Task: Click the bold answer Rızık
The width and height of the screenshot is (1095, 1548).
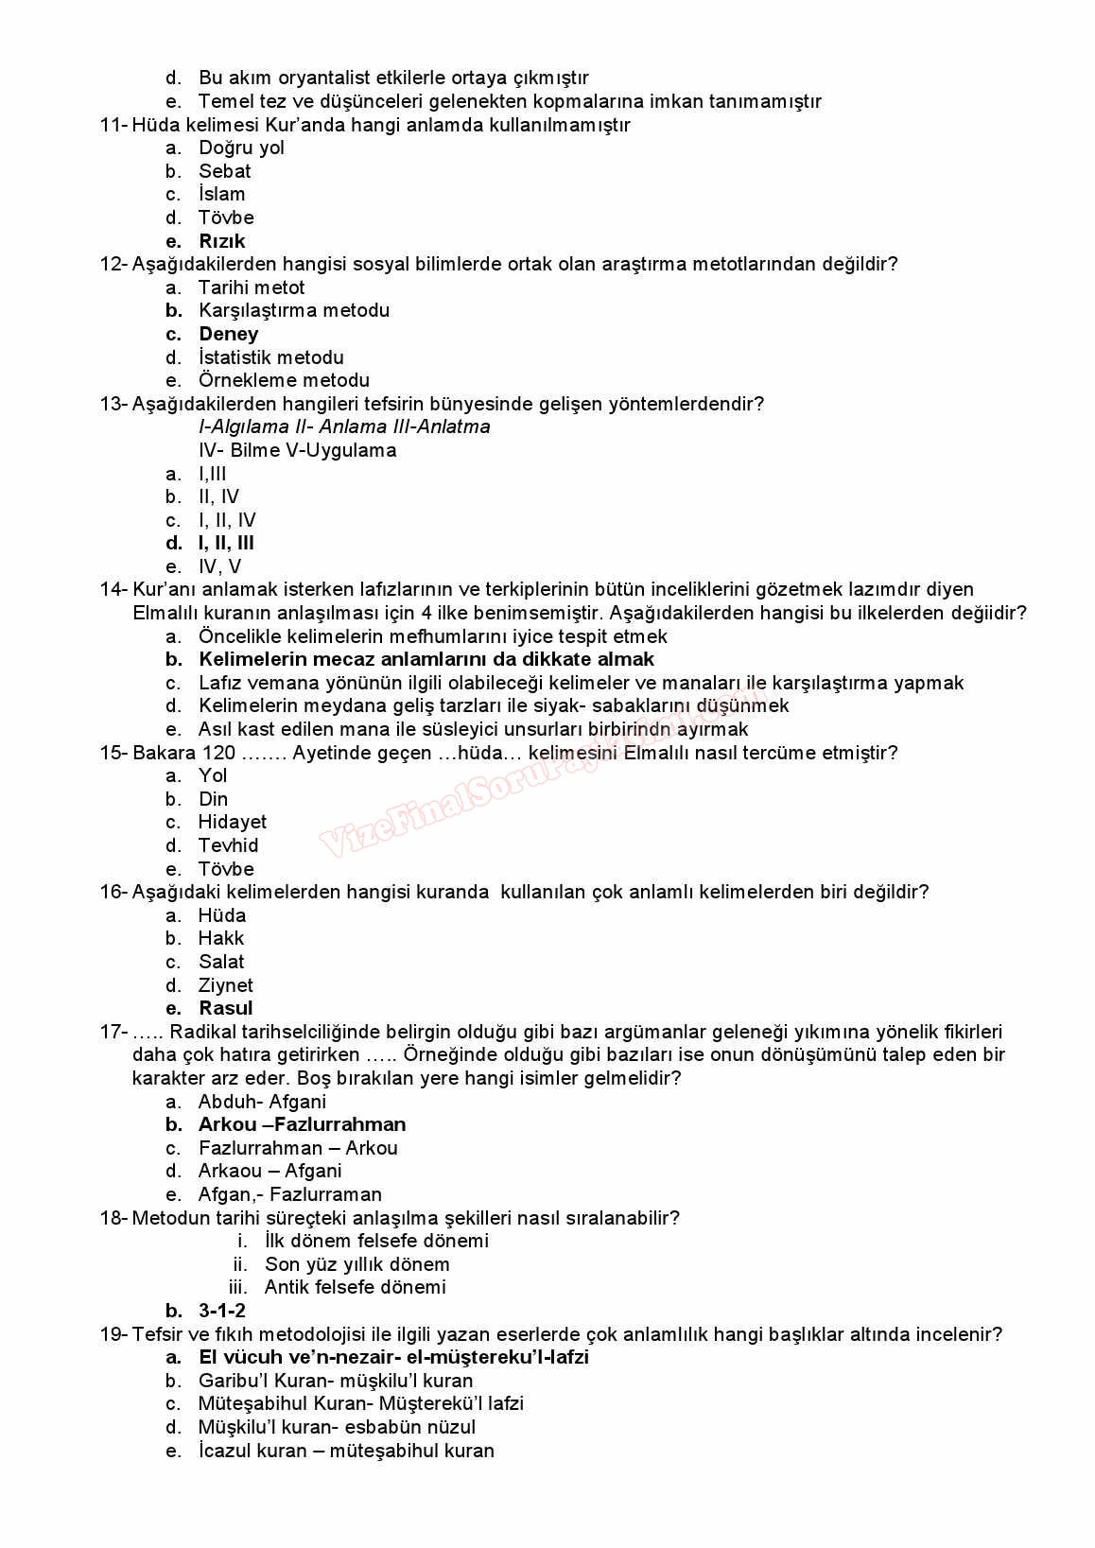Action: click(x=221, y=241)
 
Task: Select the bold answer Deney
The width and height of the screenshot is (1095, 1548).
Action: click(x=228, y=334)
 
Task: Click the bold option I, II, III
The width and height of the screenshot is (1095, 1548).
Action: click(x=226, y=543)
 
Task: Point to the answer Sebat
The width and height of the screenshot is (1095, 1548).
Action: click(x=224, y=171)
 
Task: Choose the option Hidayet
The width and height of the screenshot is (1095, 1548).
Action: click(x=232, y=822)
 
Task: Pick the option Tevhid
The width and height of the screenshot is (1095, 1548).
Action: click(x=228, y=845)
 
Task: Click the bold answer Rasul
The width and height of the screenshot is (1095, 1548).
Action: click(x=225, y=1008)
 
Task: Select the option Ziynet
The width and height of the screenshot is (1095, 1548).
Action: click(x=225, y=985)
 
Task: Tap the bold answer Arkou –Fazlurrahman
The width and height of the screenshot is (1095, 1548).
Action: click(x=302, y=1124)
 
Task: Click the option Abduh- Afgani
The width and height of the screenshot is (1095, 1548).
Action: click(x=262, y=1102)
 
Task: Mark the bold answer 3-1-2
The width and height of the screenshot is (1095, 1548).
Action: click(x=221, y=1311)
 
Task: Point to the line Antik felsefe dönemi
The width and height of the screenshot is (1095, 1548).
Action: click(x=355, y=1287)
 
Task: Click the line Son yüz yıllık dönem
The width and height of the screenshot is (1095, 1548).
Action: click(x=356, y=1264)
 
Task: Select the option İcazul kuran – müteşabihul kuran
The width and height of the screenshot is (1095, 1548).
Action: click(x=346, y=1451)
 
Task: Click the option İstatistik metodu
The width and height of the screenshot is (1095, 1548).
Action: click(x=270, y=357)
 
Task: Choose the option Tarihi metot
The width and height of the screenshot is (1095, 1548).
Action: click(x=252, y=287)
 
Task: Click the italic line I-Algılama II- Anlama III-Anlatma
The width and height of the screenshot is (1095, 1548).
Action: click(x=344, y=426)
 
